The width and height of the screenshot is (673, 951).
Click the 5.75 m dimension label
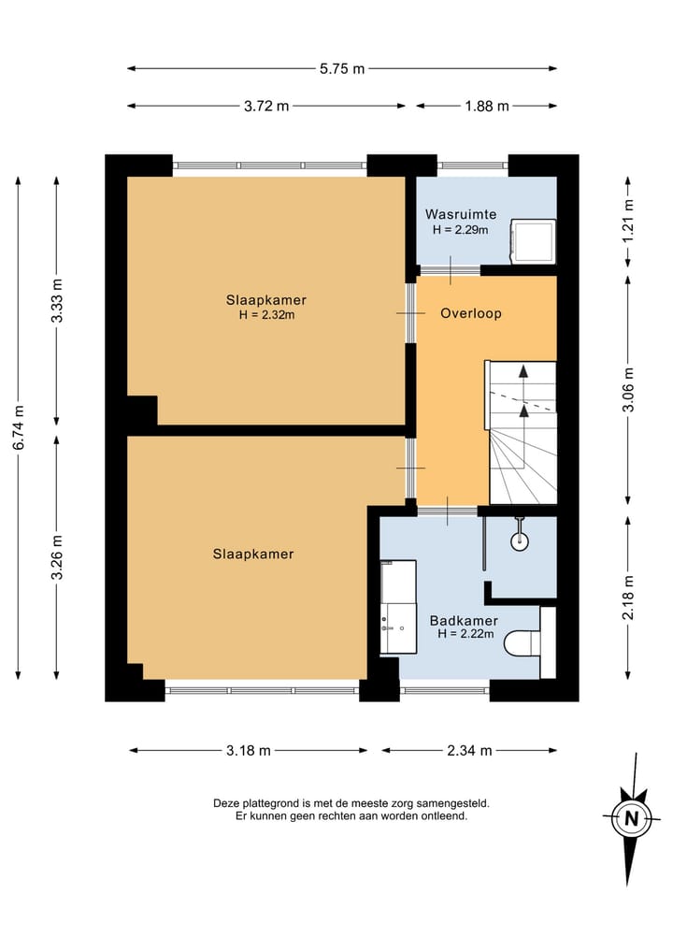click(x=342, y=68)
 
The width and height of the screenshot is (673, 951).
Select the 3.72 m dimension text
click(x=266, y=107)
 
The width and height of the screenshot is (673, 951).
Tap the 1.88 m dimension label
click(x=487, y=107)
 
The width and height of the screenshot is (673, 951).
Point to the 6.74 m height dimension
click(x=19, y=427)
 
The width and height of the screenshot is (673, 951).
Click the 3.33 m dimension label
click(x=57, y=301)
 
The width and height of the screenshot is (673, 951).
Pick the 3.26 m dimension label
click(x=57, y=556)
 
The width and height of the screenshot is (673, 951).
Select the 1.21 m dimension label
click(x=628, y=221)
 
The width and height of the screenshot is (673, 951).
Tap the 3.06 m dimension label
click(x=628, y=389)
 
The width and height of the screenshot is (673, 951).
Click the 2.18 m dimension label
click(x=628, y=598)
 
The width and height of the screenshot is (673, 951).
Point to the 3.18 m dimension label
click(x=249, y=750)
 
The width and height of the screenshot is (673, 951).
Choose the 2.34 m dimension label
click(x=469, y=750)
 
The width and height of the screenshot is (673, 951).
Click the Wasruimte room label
click(x=461, y=214)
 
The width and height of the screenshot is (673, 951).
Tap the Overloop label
click(x=471, y=313)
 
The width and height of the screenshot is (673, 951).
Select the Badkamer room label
click(x=464, y=621)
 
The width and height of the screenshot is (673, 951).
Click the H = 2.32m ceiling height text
click(x=266, y=315)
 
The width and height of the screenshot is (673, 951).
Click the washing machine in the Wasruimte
click(x=533, y=241)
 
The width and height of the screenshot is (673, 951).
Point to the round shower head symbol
click(x=520, y=540)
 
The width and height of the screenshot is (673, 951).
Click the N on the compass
click(x=632, y=818)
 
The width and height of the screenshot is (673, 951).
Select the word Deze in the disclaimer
click(x=225, y=803)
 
